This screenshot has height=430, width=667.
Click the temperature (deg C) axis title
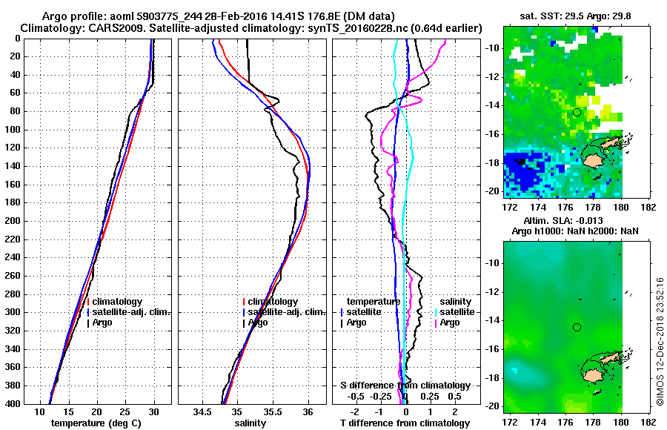point(97,423)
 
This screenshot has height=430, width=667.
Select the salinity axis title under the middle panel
point(250,423)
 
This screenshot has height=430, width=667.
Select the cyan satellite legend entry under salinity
point(454,312)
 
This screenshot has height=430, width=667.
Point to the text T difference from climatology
point(405,423)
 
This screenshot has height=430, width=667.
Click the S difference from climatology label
point(405,386)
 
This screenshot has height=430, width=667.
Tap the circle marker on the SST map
point(577,112)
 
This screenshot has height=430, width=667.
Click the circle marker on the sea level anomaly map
point(577,327)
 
